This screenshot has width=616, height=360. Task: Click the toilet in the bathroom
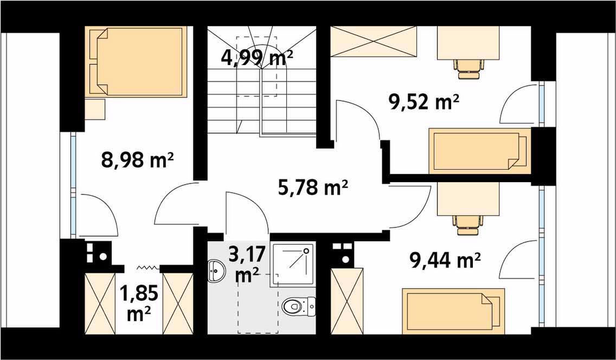[299, 306]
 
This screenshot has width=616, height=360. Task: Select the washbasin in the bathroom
[216, 270]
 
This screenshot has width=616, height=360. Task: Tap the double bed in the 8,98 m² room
[136, 61]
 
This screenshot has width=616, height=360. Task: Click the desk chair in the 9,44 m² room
[467, 224]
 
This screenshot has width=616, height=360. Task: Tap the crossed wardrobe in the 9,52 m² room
[374, 41]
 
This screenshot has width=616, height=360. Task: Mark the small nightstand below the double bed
[95, 109]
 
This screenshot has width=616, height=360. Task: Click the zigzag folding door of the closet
[147, 267]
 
